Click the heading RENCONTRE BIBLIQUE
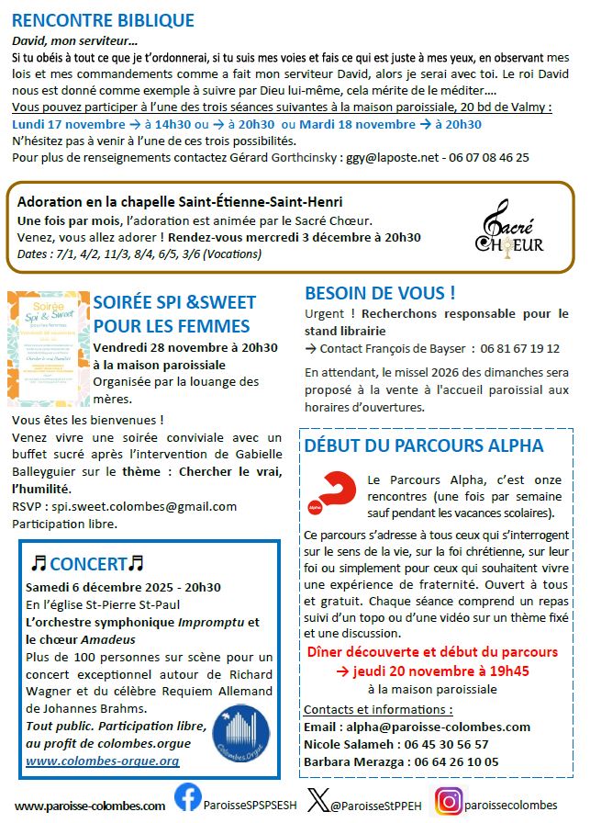[x=103, y=21]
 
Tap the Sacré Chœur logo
[x=509, y=227]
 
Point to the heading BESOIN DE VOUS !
[x=380, y=294]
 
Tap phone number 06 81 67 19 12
[x=543, y=348]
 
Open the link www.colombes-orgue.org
[x=102, y=761]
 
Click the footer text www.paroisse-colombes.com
[x=90, y=806]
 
